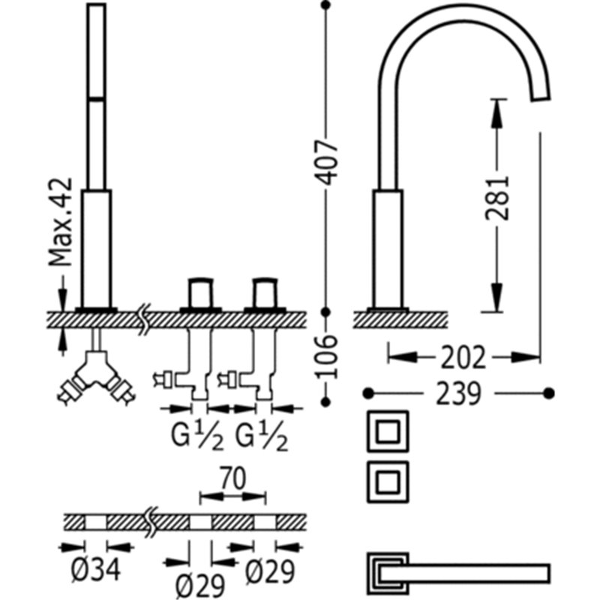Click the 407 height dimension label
(x=326, y=163)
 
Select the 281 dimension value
(x=496, y=198)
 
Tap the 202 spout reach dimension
(x=463, y=358)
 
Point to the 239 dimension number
(x=458, y=393)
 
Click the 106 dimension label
(x=326, y=357)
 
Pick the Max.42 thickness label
(x=61, y=222)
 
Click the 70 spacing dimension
(x=232, y=478)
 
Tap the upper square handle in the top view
(x=388, y=431)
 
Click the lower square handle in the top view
(x=388, y=481)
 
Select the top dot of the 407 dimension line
(x=325, y=5)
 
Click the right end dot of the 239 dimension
(x=549, y=393)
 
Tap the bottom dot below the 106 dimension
(x=325, y=402)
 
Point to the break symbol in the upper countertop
(x=144, y=319)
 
